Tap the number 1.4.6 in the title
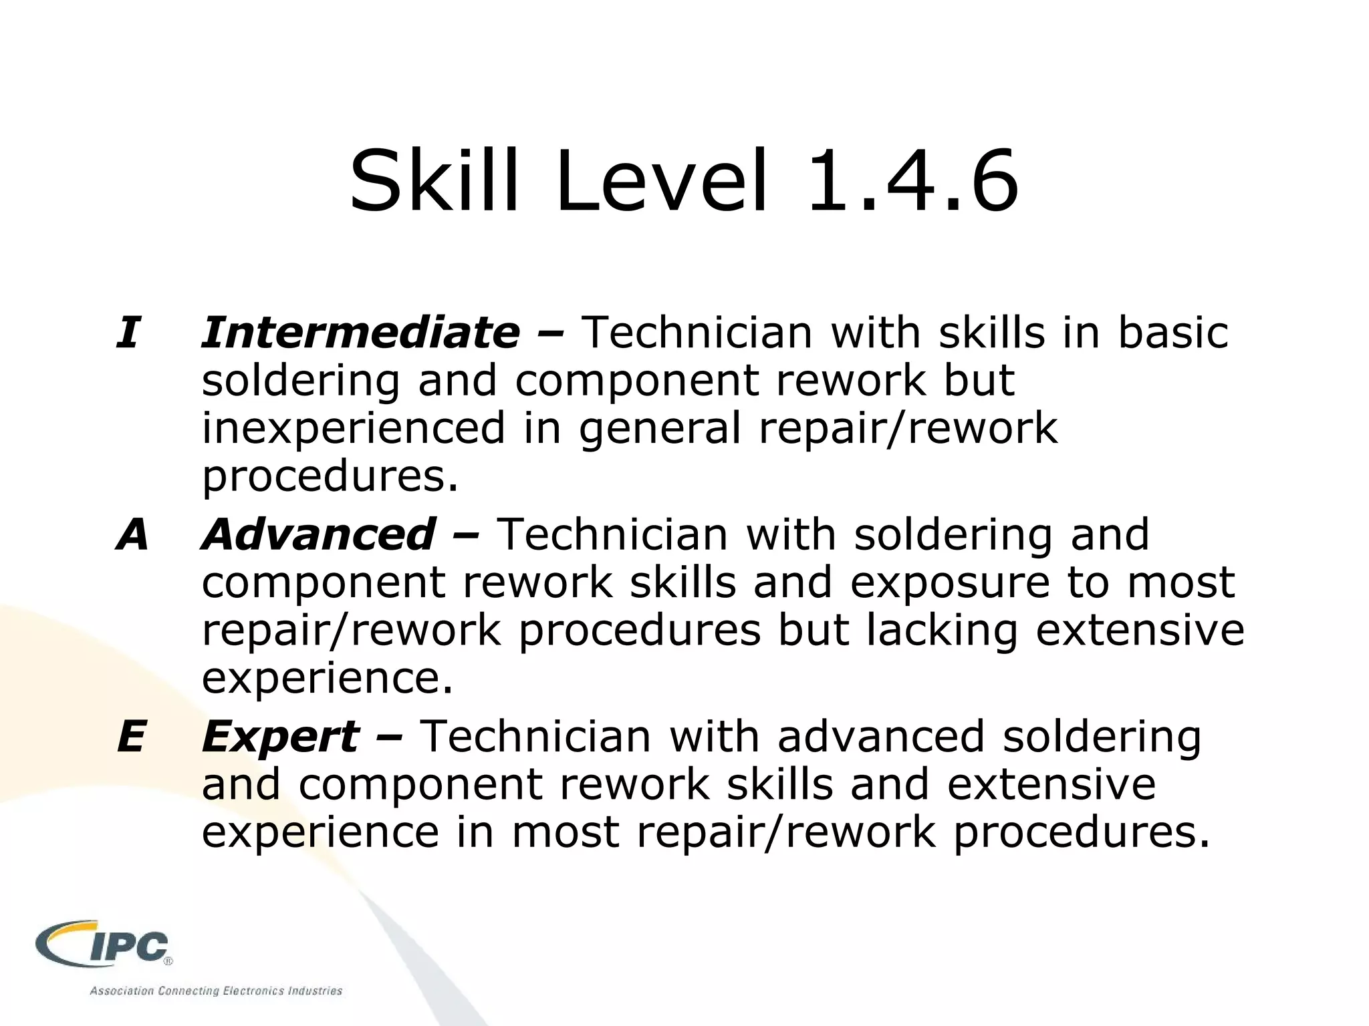click(913, 182)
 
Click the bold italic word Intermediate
click(361, 332)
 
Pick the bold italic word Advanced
click(320, 534)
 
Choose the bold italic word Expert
click(281, 736)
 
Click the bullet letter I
click(128, 332)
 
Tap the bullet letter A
click(132, 534)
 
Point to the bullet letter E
click(131, 736)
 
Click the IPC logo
click(104, 945)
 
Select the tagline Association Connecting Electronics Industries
click(216, 991)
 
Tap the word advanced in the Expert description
click(881, 736)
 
